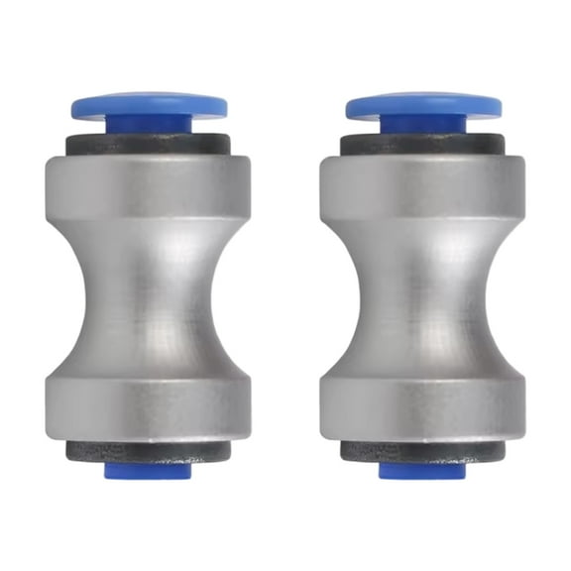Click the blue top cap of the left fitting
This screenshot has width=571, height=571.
[x=149, y=103]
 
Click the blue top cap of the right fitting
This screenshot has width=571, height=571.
[x=423, y=103]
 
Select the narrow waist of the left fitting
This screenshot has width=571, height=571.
[x=149, y=287]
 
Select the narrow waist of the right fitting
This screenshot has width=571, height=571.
[x=423, y=287]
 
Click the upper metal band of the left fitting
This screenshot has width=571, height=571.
[x=149, y=188]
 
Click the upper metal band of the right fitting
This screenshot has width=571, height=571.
[x=423, y=188]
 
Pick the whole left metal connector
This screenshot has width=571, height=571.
[x=149, y=297]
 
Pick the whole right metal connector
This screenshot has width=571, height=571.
[x=423, y=297]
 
